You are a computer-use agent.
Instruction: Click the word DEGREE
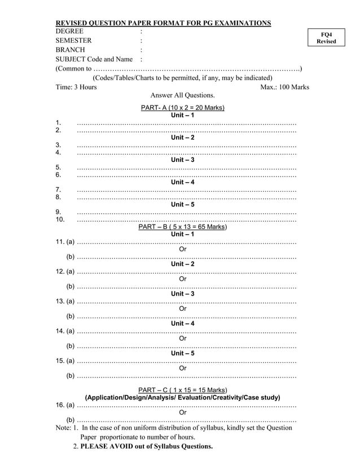coord(69,31)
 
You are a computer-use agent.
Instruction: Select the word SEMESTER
coord(73,41)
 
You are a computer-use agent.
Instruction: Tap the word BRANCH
coord(70,50)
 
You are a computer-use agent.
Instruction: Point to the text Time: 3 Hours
coord(76,87)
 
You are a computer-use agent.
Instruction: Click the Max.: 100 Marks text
coord(284,87)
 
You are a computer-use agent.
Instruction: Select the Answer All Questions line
coord(182,95)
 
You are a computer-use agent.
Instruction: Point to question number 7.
coord(58,190)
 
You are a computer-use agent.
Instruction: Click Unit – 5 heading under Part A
coord(182,205)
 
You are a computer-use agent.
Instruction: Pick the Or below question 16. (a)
coord(182,412)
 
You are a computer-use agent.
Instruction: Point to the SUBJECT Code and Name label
coord(94,59)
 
